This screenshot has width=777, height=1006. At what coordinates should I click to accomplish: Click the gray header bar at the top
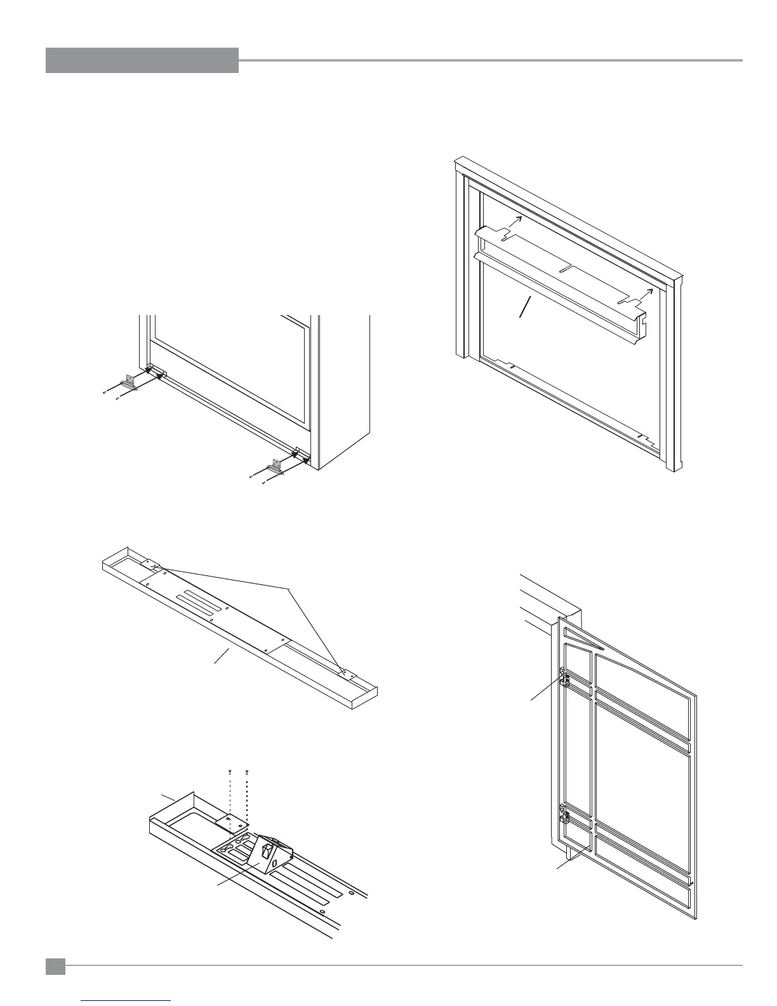(x=142, y=60)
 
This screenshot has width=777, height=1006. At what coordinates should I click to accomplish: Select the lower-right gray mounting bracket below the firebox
(x=275, y=466)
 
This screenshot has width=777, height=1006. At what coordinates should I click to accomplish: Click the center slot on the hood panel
(x=568, y=268)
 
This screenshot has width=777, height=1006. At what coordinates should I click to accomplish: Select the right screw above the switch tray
(x=246, y=772)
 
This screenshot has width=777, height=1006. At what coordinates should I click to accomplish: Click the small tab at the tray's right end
(x=347, y=673)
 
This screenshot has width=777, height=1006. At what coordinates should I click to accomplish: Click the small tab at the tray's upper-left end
(x=149, y=563)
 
